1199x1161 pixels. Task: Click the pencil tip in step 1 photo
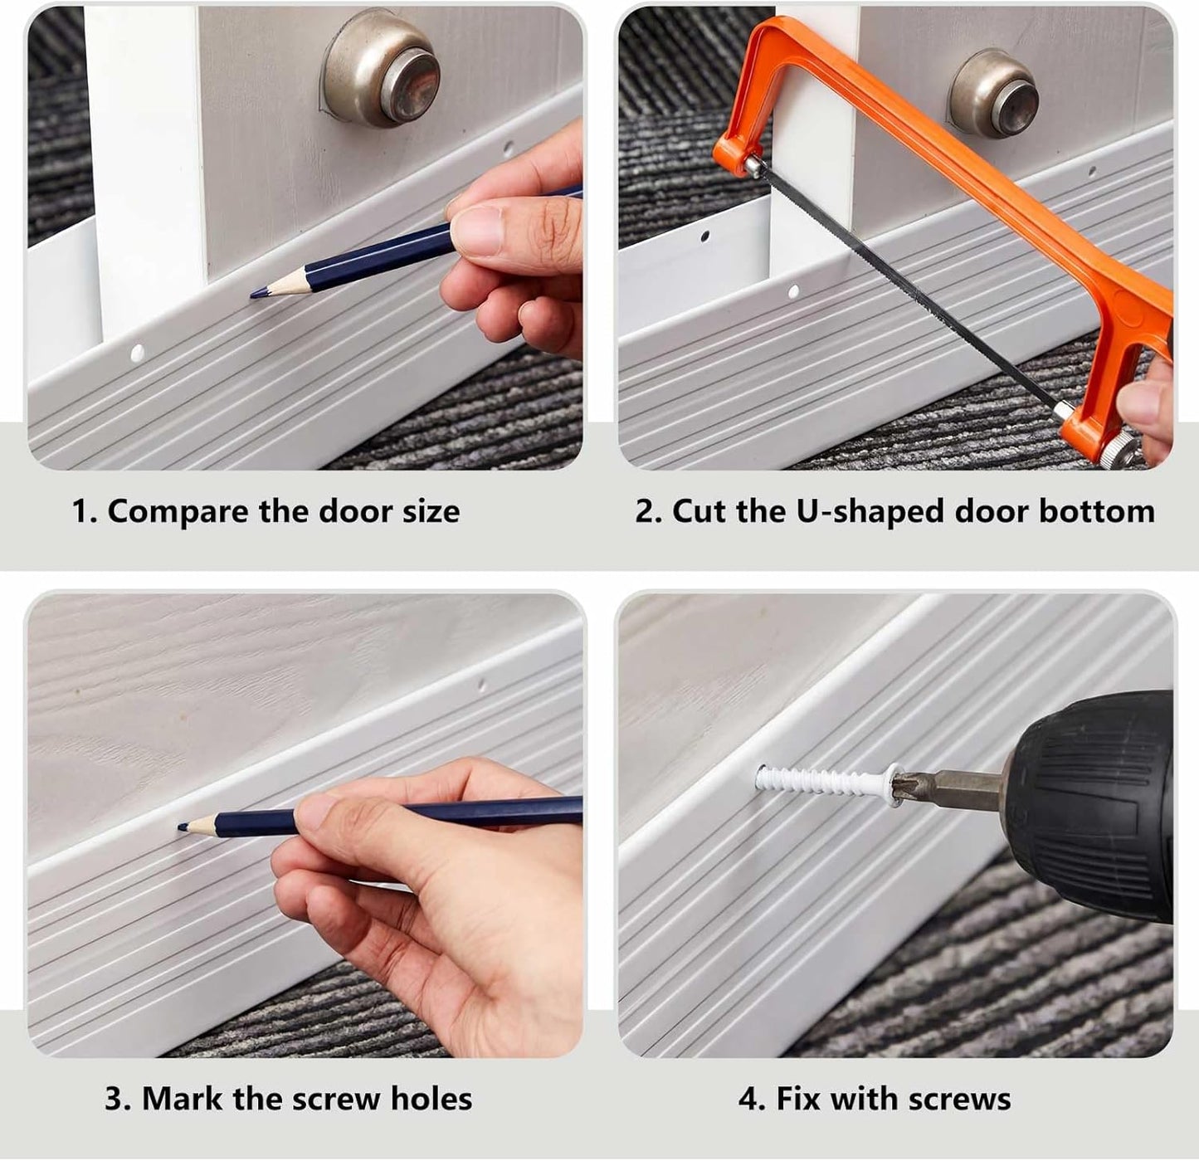pyautogui.click(x=252, y=295)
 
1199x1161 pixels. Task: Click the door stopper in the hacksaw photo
pyautogui.click(x=993, y=94)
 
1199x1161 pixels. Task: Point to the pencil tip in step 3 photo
pyautogui.click(x=181, y=827)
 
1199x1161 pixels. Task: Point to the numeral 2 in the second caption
pyautogui.click(x=645, y=511)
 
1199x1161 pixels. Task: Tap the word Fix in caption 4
pyautogui.click(x=798, y=1098)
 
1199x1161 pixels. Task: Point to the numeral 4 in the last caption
pyautogui.click(x=748, y=1099)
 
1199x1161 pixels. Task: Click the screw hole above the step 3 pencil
pyautogui.click(x=482, y=684)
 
